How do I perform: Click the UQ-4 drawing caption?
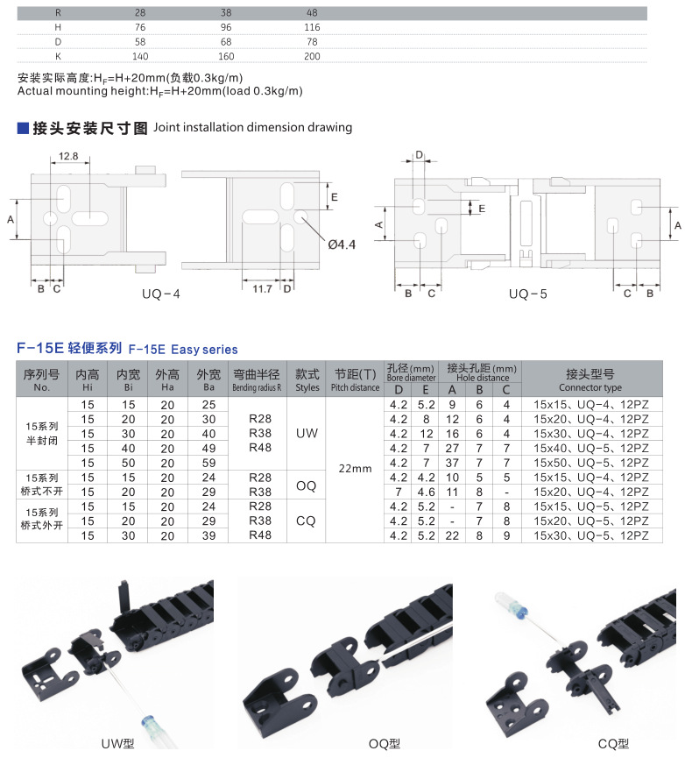pos(160,294)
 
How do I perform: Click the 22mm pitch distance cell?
pos(354,468)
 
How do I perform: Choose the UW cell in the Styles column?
pos(307,433)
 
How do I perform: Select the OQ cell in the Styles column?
pos(307,485)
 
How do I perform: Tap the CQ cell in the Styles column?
pos(307,521)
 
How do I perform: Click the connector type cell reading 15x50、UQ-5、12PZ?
pos(590,462)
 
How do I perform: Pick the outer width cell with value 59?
pos(208,462)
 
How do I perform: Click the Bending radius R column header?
pos(257,380)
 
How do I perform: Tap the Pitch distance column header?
pos(354,380)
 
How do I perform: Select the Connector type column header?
pos(590,380)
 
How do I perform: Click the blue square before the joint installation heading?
pos(23,128)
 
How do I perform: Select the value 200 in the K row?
pos(311,56)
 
